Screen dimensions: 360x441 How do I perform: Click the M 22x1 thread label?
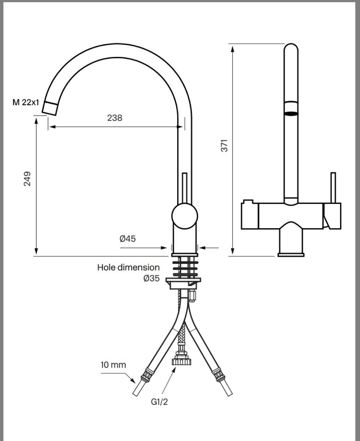coord(25,102)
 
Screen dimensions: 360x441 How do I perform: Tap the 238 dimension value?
coord(115,117)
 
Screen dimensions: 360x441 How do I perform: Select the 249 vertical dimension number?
coord(27,179)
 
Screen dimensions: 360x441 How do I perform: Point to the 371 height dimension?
coord(224,145)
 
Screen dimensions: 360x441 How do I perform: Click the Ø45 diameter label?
coord(127,239)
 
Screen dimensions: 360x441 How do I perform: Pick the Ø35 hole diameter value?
coord(151,278)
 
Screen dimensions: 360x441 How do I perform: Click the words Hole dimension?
coord(128,267)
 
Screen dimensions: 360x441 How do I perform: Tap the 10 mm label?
coord(113,365)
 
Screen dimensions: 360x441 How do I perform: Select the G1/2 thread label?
coord(159,402)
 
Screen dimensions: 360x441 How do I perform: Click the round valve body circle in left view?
coord(184,216)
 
